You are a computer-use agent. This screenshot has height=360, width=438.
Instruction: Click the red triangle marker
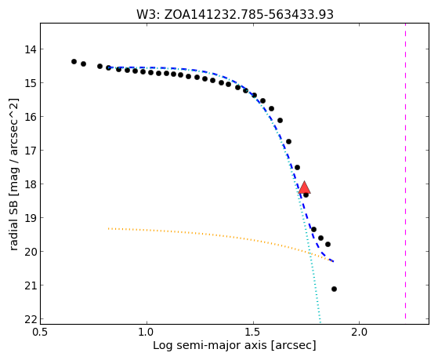(x=304, y=187)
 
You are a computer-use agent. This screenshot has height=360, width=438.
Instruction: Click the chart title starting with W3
(x=235, y=14)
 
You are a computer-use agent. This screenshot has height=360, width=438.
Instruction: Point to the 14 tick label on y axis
(x=30, y=49)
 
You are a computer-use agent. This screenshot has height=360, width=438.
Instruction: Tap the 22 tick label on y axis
(x=30, y=319)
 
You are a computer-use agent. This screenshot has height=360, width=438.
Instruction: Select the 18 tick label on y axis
(x=30, y=184)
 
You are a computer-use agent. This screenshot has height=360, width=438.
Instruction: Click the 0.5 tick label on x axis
(x=40, y=332)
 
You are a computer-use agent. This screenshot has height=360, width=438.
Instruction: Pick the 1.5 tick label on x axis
(x=253, y=332)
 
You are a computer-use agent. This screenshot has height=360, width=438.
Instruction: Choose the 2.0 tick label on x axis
(x=360, y=332)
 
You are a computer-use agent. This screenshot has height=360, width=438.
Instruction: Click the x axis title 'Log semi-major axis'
(x=210, y=345)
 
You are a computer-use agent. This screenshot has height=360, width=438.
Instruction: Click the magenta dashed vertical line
(x=405, y=171)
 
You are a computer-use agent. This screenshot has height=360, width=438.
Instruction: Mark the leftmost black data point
(x=74, y=61)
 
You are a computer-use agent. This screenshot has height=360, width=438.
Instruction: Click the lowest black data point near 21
(x=334, y=289)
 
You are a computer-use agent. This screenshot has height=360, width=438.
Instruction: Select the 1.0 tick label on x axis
(x=147, y=332)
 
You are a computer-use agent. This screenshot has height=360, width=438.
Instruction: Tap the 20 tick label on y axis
(x=30, y=252)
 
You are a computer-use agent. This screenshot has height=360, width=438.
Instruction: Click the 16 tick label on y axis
(x=30, y=117)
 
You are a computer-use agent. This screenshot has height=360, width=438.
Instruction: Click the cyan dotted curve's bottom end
(x=320, y=319)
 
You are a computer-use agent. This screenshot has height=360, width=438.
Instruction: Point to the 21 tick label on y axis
(x=30, y=285)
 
